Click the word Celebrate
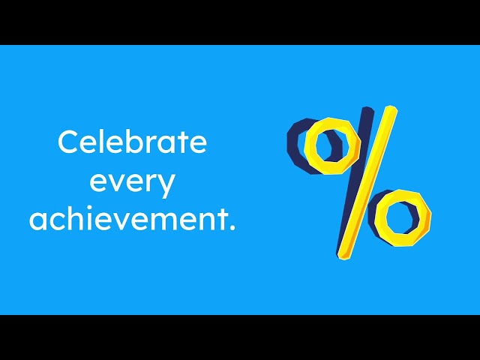(132, 142)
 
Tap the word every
(132, 182)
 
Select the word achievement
(127, 220)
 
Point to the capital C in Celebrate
(69, 142)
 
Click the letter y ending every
(166, 184)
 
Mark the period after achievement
(231, 228)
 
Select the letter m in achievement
(170, 223)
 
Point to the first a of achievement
(38, 223)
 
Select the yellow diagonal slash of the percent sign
(367, 184)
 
